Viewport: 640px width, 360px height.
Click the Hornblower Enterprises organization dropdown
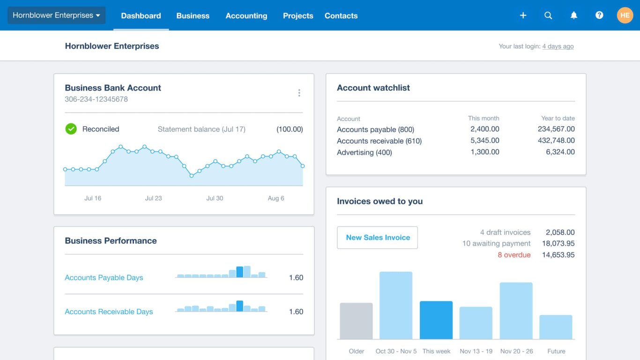56,15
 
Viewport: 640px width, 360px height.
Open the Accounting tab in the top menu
246,15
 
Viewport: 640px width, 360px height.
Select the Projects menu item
298,15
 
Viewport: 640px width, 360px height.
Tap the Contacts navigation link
341,15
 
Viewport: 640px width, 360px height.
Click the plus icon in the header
523,15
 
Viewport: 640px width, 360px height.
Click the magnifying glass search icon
548,15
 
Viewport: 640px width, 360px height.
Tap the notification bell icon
573,15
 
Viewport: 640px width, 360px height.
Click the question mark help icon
599,15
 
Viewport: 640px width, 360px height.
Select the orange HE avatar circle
625,15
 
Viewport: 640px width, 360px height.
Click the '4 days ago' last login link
558,46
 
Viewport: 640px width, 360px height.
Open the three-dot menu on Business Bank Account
299,93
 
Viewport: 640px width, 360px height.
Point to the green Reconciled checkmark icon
71,129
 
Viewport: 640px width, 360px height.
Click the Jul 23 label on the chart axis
153,198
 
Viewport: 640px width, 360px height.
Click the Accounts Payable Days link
104,277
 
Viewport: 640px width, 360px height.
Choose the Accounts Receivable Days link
109,312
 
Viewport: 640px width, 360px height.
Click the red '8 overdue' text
514,255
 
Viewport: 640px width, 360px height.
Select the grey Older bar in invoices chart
356,321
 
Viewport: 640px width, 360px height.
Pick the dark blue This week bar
436,320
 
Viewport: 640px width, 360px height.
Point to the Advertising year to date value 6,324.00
560,152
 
